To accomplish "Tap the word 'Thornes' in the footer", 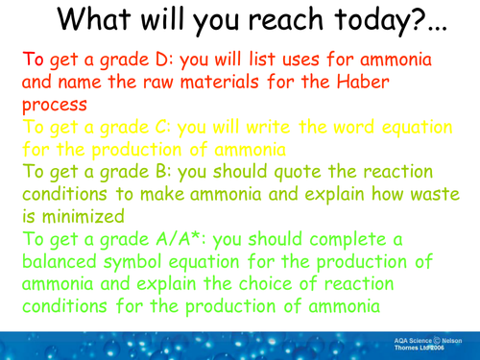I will point(410,349).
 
